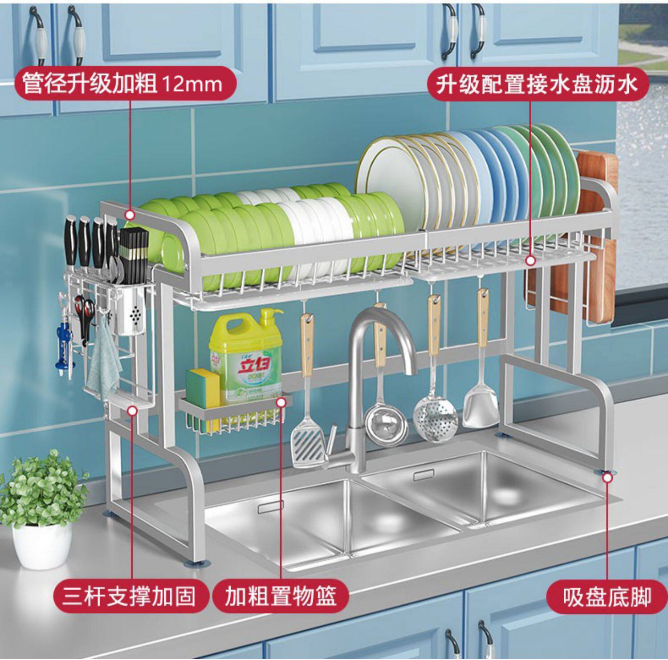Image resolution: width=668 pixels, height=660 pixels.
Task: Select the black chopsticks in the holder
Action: tap(136, 249)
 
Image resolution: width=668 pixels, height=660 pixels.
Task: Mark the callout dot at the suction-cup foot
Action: tap(607, 478)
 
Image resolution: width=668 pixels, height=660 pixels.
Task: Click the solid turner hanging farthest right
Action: tap(481, 401)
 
